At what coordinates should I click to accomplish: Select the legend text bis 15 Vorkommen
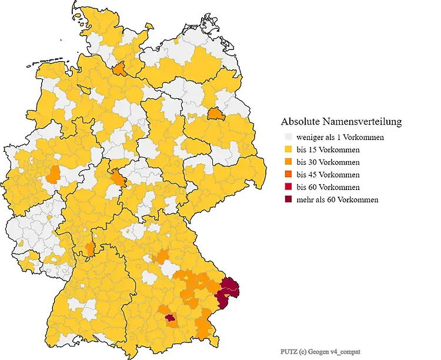coord(328,150)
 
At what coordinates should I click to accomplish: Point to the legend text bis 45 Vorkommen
coord(328,175)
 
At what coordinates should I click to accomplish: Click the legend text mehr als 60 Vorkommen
coord(337,199)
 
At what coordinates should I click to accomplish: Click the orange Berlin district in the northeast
coord(215,114)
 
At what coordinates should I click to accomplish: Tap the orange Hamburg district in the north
coord(119,69)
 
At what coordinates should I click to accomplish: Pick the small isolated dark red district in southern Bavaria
coord(171,318)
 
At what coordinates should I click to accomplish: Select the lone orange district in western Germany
coord(54,174)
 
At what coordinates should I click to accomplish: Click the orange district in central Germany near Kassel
coord(117,178)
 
